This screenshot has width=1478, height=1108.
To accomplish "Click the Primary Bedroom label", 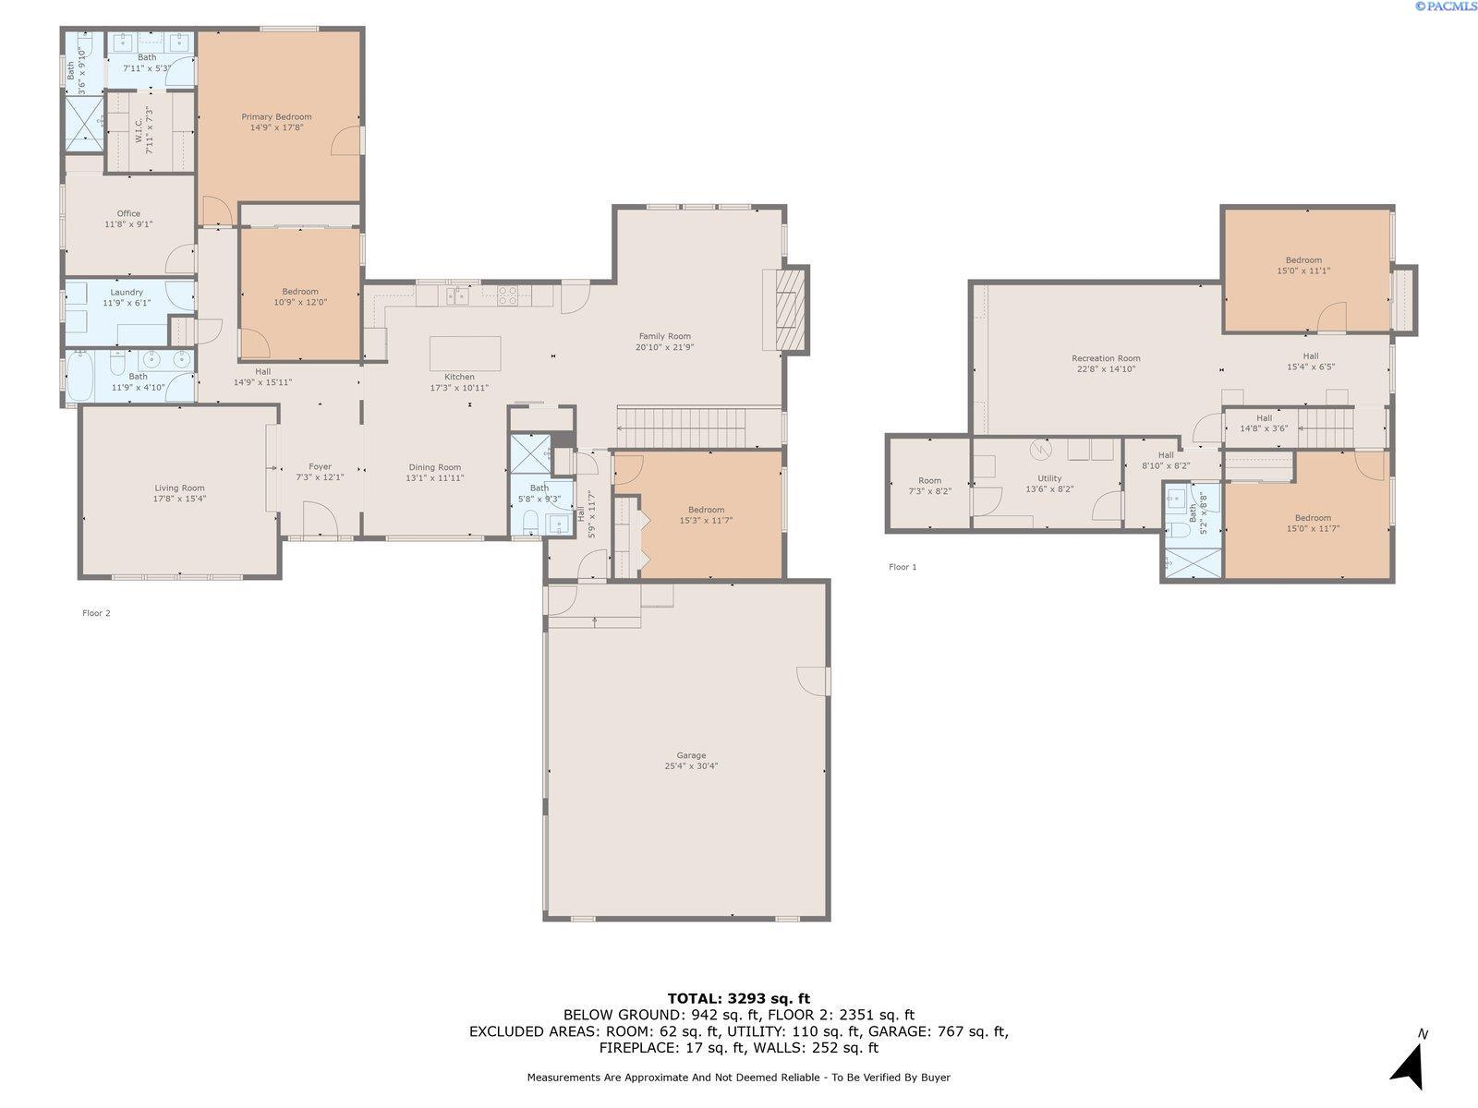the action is coord(276,117).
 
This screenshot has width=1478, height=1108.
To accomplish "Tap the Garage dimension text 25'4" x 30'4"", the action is coord(691,766).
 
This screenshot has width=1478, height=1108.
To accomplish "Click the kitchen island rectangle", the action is coord(466,354).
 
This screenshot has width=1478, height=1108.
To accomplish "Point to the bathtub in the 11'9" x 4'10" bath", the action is coord(80,376).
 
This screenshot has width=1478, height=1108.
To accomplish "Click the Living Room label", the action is coord(179,488).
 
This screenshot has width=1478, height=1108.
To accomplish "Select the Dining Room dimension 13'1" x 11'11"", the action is coord(434,478).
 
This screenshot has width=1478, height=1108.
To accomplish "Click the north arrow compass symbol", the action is coord(1410,1065).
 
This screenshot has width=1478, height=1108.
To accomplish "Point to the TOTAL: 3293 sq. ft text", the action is coord(739,999).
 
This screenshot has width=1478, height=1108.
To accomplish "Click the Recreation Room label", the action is coord(1106,358).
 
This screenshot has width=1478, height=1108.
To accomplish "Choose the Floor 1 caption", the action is coord(903,567).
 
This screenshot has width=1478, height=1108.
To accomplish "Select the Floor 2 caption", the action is coord(96,613).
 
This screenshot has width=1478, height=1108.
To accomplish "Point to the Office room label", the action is coord(128,214).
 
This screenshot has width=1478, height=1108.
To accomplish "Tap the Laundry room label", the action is coord(127,293).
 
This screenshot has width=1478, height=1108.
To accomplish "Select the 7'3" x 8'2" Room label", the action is coord(929,481).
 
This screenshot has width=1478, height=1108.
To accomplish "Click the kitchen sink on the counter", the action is coord(456,295).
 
